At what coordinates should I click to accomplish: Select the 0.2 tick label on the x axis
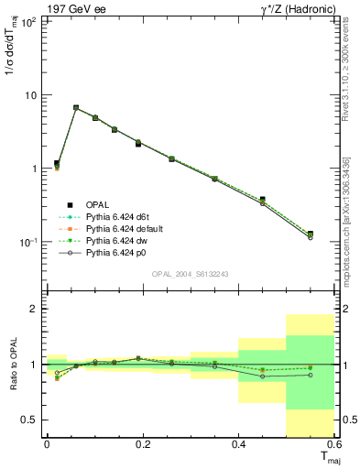click(142, 444)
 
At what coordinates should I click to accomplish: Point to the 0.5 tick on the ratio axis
click(30, 420)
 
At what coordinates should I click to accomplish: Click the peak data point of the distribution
click(76, 107)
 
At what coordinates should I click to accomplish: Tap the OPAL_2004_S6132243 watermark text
click(190, 274)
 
